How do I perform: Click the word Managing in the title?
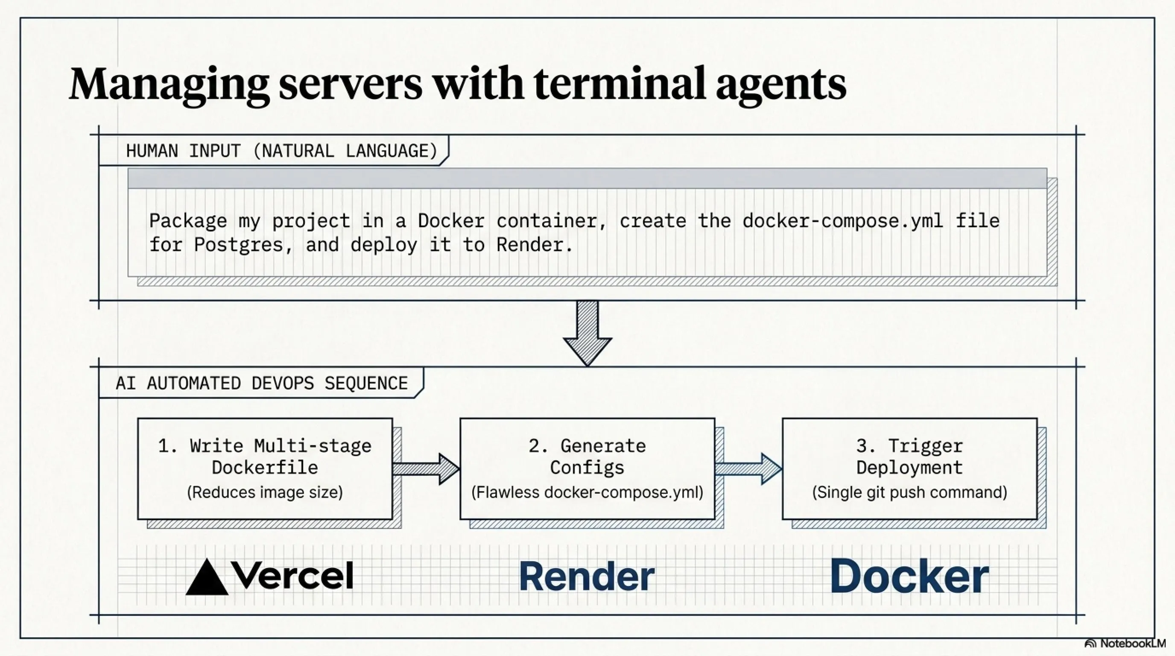[x=169, y=85]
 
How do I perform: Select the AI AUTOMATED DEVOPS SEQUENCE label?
[x=261, y=383]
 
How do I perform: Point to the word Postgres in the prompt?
[x=243, y=246]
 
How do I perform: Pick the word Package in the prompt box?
[x=188, y=221]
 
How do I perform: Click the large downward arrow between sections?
[x=587, y=333]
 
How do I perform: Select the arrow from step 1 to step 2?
[x=426, y=469]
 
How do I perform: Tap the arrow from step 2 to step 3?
[x=748, y=469]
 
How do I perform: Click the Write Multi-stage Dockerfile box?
[x=265, y=469]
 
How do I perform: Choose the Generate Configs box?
[x=587, y=469]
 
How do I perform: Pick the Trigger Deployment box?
[x=910, y=469]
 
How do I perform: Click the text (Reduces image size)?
[x=265, y=492]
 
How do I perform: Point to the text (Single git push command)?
[x=910, y=492]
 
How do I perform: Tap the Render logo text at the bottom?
[x=587, y=576]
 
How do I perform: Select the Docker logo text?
[x=909, y=576]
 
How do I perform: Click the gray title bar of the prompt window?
[x=587, y=179]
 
